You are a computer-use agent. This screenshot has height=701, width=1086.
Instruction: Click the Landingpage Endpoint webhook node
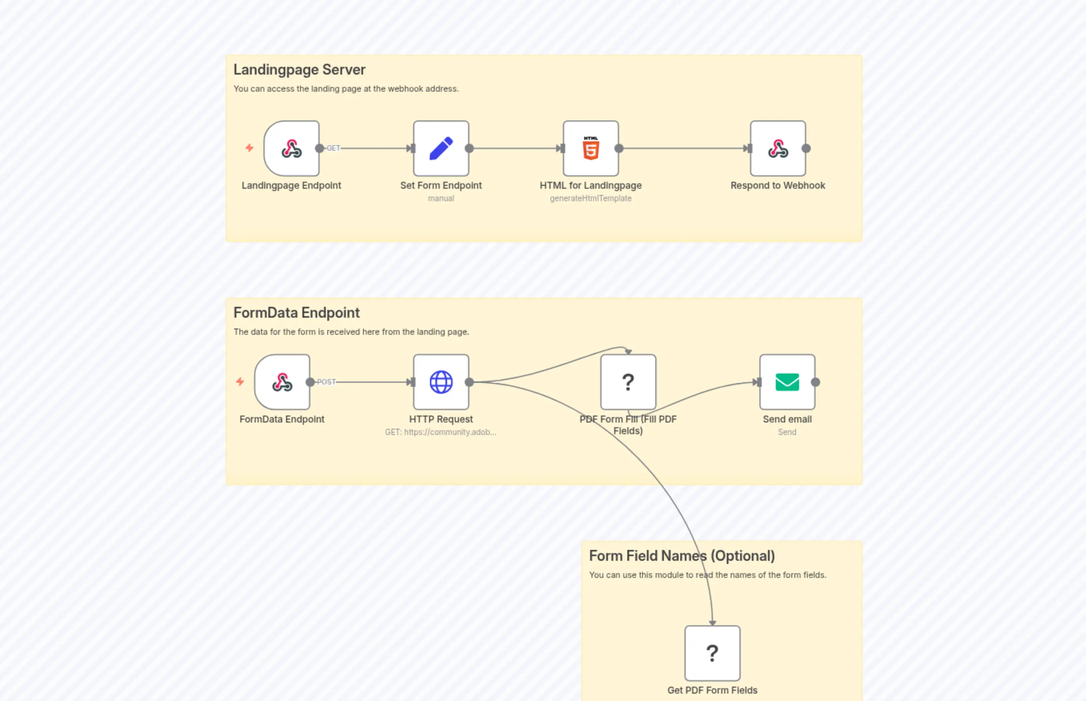[292, 148]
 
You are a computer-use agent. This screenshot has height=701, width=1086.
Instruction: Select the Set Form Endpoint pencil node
[441, 148]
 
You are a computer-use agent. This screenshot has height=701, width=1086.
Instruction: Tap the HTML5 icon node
[590, 148]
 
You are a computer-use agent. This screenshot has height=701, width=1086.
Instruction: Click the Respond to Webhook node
[778, 148]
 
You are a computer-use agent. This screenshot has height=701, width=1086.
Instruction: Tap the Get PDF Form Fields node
[712, 653]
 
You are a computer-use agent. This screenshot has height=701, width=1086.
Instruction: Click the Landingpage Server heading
[299, 70]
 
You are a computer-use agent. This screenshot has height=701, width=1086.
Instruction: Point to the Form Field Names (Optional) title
[681, 556]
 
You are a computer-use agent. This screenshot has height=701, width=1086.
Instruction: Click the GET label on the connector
[333, 148]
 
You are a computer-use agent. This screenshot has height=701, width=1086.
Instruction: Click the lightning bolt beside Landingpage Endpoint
[249, 148]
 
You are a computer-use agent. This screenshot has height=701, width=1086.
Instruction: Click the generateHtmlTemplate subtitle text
[590, 198]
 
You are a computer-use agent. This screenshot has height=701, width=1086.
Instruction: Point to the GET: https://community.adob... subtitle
[440, 432]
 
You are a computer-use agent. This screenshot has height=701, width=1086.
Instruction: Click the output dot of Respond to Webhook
[806, 148]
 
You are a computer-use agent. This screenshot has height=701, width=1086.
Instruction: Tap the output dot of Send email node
[815, 383]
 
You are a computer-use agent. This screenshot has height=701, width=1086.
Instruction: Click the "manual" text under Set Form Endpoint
[440, 198]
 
